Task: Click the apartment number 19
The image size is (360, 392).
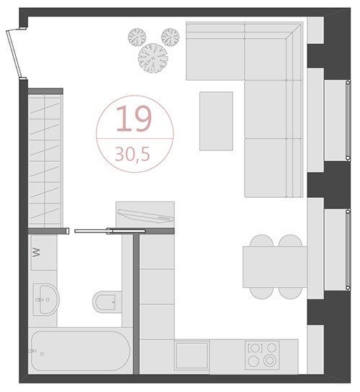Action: coord(134,118)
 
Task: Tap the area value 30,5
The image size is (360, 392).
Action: coord(132,154)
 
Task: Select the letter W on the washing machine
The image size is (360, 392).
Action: coord(36,252)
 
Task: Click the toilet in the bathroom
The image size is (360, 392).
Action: coord(107,301)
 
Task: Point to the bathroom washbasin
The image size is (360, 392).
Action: coord(46,299)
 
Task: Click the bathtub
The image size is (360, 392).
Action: coord(81,352)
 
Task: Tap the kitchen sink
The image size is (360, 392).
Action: coord(192,355)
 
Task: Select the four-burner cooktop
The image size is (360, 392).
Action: coord(262,355)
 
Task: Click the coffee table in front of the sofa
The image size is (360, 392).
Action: coord(216,122)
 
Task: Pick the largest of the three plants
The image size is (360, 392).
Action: coord(153,58)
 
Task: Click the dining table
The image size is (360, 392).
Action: coord(275,267)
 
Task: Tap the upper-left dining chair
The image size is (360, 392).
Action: coord(261,240)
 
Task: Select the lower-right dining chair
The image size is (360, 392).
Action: coord(290,293)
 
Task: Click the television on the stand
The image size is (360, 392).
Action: coord(146,216)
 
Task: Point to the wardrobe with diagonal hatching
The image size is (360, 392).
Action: coord(45,160)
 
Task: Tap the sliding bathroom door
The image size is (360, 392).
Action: coord(110,231)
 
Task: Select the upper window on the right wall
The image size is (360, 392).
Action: coord(348,121)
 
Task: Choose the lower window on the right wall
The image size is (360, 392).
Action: coord(348,250)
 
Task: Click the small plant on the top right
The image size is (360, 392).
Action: coord(170,37)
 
